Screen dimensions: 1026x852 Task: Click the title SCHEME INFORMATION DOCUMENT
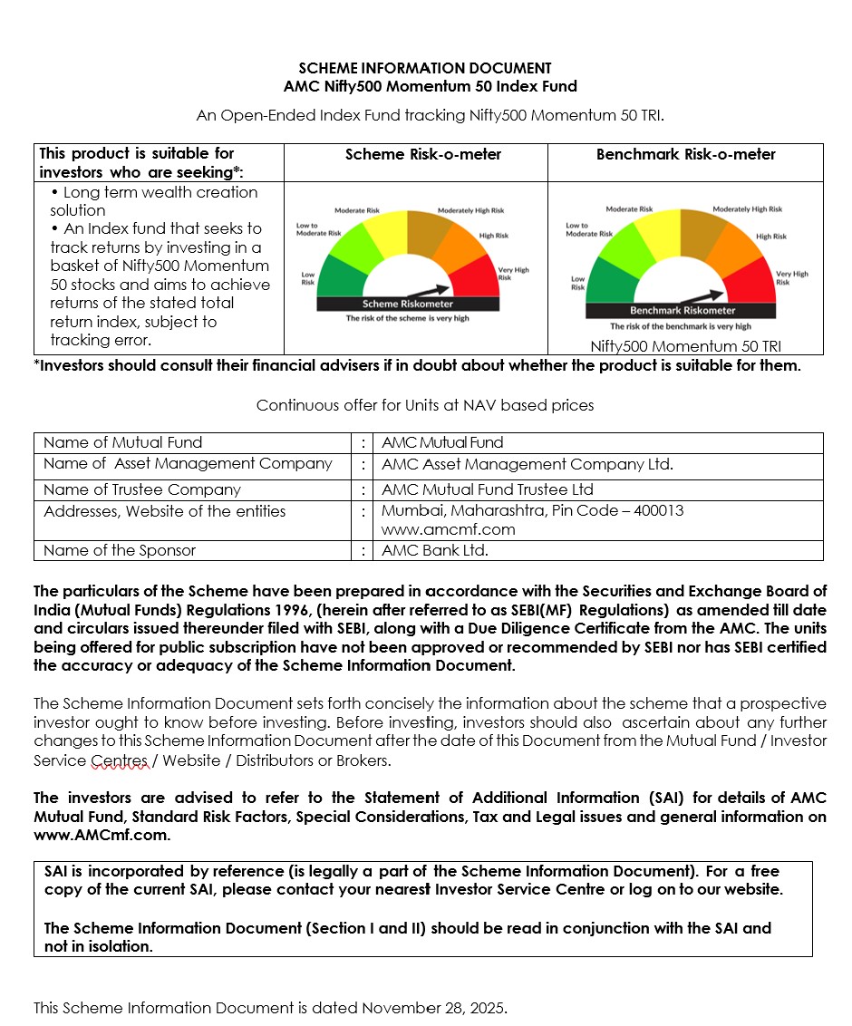(425, 68)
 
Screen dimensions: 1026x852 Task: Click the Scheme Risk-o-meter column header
(422, 155)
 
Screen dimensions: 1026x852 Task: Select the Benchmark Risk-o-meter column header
(685, 155)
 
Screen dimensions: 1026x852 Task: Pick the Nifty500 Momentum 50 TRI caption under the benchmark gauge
(685, 346)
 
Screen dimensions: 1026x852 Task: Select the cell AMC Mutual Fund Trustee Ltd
(488, 489)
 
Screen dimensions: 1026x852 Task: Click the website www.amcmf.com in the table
(448, 529)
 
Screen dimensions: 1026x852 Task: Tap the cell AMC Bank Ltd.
(435, 550)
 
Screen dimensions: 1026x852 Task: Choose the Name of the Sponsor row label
(120, 550)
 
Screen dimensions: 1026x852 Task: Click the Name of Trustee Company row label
(141, 489)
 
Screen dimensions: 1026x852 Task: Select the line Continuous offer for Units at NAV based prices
(425, 405)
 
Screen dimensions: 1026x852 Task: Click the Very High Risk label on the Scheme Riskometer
(513, 274)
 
